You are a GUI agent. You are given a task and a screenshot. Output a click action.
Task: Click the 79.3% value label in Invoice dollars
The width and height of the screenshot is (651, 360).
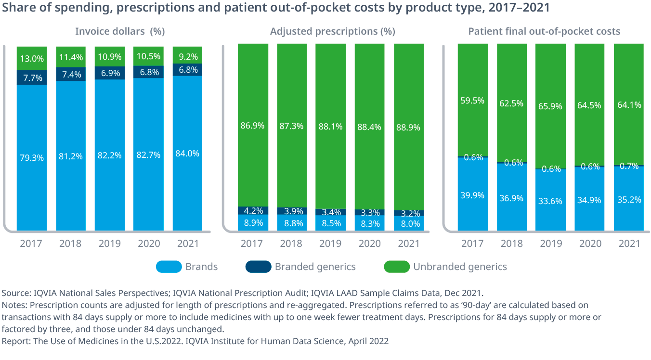(32, 157)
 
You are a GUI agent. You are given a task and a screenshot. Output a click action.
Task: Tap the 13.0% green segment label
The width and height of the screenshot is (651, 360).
(32, 59)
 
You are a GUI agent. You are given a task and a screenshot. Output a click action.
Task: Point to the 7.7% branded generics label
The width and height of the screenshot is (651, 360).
(32, 77)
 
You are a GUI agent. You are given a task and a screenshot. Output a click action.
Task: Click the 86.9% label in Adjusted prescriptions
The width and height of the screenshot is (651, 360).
(252, 126)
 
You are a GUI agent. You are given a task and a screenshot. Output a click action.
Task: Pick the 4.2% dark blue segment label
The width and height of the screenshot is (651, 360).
(252, 210)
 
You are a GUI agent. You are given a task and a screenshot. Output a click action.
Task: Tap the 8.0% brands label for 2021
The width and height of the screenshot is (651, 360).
(408, 223)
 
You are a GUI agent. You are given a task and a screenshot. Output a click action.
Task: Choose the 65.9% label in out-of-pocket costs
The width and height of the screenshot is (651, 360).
(551, 106)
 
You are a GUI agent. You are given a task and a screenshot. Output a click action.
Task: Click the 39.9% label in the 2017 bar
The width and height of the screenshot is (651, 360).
(472, 195)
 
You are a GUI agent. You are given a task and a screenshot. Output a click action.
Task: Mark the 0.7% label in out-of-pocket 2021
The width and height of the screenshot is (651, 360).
(629, 166)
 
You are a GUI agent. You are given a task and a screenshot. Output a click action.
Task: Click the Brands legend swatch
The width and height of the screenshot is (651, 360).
(169, 267)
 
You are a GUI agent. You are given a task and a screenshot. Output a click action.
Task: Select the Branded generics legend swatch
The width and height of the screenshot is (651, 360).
(258, 267)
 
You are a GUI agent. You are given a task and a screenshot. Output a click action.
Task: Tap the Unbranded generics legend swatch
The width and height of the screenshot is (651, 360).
(396, 267)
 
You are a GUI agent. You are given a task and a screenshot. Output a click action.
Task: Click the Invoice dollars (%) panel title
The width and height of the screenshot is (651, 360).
(120, 31)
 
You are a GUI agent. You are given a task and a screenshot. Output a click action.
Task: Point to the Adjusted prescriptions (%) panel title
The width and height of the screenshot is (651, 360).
(332, 31)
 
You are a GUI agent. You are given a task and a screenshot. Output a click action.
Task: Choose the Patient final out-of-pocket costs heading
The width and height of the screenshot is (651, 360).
(544, 31)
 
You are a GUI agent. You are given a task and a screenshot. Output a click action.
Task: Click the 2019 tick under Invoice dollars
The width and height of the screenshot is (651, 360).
(110, 244)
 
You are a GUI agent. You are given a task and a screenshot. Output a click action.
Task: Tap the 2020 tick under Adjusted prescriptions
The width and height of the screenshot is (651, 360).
(369, 244)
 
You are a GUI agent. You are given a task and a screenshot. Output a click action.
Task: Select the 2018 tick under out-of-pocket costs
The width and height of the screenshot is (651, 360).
(511, 244)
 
